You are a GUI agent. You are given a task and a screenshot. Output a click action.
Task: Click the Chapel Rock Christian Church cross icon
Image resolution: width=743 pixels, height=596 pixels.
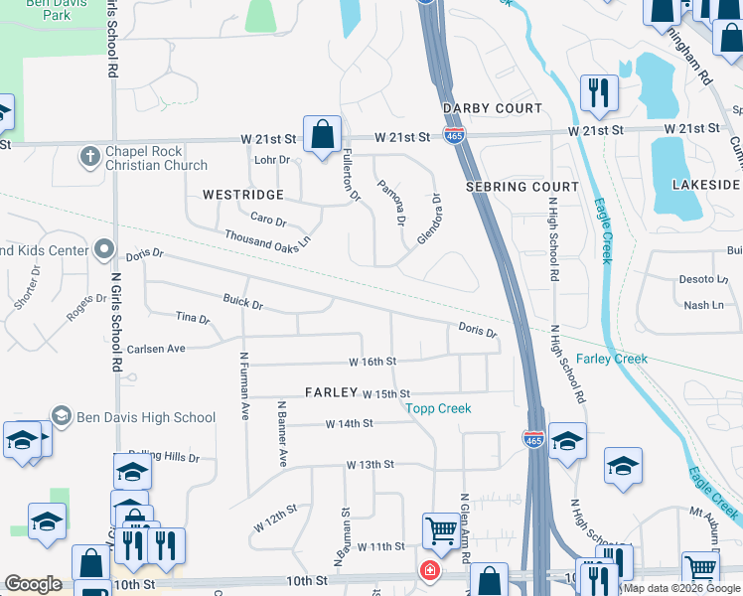(90, 157)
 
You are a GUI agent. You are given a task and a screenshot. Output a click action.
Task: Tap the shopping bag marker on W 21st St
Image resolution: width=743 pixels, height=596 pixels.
(323, 135)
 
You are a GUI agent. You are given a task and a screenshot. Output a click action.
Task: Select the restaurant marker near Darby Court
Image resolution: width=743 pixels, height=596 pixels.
(599, 93)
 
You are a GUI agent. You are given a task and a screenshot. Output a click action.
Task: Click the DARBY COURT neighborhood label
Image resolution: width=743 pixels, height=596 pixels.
(493, 108)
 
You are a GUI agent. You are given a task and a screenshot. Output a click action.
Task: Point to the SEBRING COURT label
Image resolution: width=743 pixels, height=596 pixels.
(521, 187)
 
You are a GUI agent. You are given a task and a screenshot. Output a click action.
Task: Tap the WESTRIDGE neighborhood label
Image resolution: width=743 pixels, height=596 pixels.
(243, 195)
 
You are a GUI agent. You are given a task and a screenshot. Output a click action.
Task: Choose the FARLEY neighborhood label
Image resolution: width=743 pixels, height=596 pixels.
(331, 392)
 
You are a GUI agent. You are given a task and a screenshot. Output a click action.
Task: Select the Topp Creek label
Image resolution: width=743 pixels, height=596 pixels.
(438, 408)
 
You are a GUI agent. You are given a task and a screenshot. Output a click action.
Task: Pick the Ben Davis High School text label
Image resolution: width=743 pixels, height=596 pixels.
(146, 417)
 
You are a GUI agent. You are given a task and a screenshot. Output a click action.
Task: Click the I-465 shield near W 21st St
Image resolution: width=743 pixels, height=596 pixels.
(452, 136)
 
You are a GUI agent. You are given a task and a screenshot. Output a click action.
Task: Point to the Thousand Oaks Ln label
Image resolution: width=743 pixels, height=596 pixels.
(267, 238)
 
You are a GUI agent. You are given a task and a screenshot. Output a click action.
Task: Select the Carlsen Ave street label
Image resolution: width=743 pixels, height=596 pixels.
(156, 349)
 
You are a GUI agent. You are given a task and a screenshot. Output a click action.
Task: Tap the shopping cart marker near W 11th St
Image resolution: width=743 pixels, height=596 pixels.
(440, 529)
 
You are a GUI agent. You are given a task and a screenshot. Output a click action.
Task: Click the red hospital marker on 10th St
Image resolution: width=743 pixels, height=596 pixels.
(429, 571)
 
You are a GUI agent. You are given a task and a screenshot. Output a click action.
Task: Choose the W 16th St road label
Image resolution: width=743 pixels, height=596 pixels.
(372, 362)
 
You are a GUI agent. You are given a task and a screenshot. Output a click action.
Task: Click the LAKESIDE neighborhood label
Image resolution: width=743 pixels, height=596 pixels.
(706, 185)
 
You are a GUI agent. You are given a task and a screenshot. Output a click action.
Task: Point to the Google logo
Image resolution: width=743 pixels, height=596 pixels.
(34, 584)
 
